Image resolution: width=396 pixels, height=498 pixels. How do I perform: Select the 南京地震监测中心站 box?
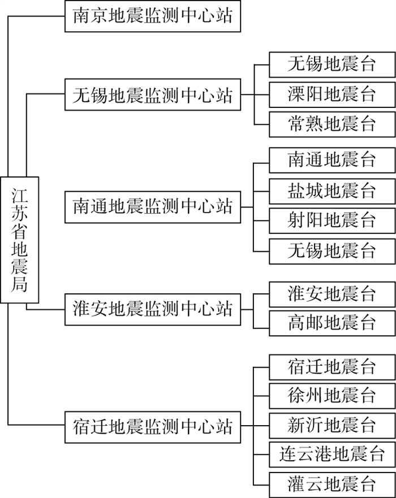click(153, 15)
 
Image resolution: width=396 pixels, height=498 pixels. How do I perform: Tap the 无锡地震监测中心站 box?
click(153, 94)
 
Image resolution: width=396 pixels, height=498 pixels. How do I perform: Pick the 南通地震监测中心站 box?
click(153, 206)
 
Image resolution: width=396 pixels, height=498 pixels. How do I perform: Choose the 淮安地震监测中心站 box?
click(153, 309)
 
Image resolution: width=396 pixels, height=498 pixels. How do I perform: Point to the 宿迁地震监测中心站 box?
click(153, 425)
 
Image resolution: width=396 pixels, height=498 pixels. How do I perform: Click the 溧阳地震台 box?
click(332, 94)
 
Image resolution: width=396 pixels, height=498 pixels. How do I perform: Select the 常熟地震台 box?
click(332, 124)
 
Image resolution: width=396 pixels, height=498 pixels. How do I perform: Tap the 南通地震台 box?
click(332, 160)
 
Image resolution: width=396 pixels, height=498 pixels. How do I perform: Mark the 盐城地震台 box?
click(332, 190)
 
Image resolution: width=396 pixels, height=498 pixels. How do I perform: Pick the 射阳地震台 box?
click(332, 220)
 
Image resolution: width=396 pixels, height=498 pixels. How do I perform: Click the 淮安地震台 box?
click(332, 294)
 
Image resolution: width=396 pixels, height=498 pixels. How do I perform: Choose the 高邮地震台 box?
click(332, 323)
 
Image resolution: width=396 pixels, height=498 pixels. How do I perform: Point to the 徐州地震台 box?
click(332, 395)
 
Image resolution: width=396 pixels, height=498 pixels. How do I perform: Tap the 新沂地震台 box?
click(332, 425)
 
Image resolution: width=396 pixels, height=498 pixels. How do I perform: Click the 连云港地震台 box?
click(332, 454)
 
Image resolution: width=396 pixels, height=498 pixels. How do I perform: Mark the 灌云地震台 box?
click(332, 484)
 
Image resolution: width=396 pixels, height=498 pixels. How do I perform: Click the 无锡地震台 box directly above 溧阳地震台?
click(332, 64)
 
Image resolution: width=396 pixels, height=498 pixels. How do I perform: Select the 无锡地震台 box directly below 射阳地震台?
click(332, 250)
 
